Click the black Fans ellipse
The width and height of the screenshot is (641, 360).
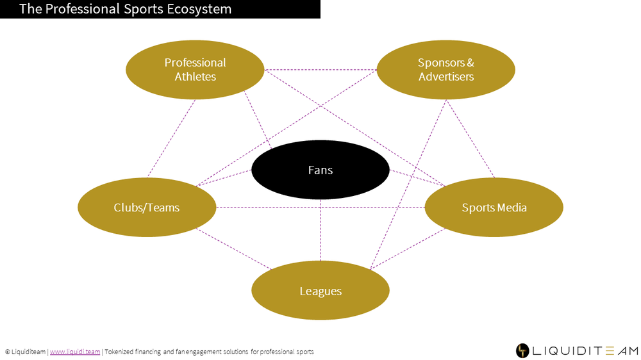[320, 170]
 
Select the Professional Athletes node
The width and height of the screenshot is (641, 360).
[195, 69]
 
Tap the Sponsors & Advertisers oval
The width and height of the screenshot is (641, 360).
[446, 69]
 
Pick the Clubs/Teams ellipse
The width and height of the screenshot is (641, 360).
[147, 207]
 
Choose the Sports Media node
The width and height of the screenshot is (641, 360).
[494, 207]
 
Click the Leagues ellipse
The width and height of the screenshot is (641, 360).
[320, 290]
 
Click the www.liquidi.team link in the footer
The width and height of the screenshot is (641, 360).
[75, 352]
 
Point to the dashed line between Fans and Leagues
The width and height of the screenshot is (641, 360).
[320, 230]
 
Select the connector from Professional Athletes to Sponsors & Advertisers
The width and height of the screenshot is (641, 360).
[320, 69]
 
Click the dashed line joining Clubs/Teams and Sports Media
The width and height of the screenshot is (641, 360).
[320, 207]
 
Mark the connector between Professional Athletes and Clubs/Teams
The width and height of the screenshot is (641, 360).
[171, 138]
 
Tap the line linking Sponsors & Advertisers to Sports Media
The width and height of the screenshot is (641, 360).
[470, 138]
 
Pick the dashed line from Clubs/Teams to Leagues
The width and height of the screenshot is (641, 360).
[233, 249]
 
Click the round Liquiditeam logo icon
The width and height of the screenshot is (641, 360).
[522, 350]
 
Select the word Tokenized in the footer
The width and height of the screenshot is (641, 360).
[119, 352]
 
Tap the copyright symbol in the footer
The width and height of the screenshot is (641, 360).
[7, 352]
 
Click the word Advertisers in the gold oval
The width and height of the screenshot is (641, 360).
[446, 76]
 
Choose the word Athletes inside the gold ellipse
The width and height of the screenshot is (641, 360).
[195, 76]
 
